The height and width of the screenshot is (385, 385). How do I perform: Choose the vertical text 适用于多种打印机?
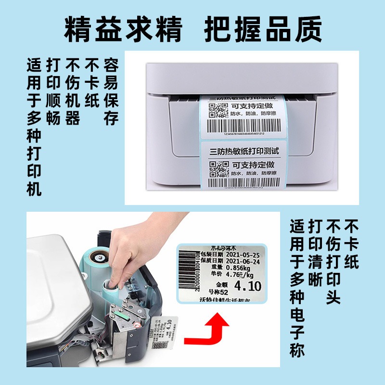tap(34, 127)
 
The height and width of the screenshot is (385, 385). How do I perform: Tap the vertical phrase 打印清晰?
tap(315, 253)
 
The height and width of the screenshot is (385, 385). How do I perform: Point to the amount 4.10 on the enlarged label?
tap(247, 285)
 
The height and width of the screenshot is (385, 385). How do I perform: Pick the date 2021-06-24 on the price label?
tap(243, 261)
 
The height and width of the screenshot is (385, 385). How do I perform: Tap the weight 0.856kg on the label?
tap(238, 269)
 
